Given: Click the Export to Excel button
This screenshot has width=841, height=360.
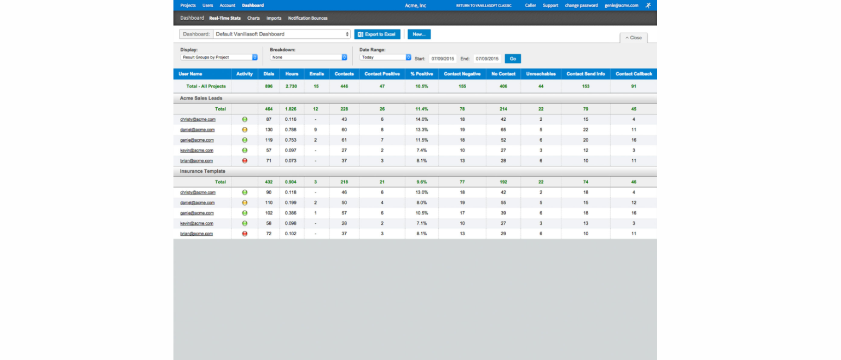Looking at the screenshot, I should (377, 34).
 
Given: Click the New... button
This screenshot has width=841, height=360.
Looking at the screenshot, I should (419, 34).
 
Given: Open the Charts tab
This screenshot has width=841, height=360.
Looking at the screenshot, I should (253, 18).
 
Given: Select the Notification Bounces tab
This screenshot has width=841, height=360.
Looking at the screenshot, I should (308, 18).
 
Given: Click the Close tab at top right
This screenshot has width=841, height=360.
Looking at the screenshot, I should (634, 38).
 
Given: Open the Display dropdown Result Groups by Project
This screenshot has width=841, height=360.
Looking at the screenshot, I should (219, 57).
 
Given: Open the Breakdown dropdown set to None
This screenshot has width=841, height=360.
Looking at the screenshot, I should (309, 57).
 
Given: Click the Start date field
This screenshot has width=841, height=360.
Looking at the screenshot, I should (442, 59).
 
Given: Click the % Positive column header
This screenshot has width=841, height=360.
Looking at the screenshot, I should (421, 74).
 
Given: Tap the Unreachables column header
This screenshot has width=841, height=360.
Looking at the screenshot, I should (541, 74).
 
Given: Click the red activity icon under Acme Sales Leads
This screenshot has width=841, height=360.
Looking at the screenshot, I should (245, 161).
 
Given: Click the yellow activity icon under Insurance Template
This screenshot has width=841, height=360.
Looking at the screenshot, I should (245, 203).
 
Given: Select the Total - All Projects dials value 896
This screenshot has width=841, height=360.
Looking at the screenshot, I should (269, 86).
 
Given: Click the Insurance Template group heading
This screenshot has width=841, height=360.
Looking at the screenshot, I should (202, 171).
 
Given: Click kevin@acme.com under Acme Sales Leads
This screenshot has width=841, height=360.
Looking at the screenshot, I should (196, 150).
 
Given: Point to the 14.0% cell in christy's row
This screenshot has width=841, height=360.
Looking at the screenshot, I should (421, 119).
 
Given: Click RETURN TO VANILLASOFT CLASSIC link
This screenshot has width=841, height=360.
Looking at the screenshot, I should (484, 5).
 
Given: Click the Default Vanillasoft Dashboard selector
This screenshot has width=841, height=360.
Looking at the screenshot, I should (281, 34).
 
